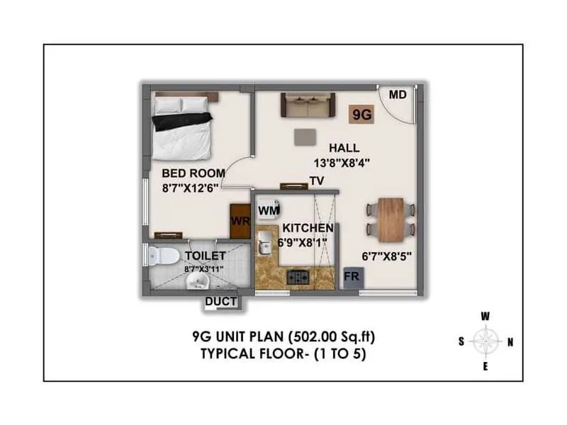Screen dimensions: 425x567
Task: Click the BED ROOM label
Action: coord(193,173)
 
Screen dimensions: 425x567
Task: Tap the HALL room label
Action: coord(344,148)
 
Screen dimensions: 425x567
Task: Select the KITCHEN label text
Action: coord(308,228)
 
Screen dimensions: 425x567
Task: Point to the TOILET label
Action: coord(206,255)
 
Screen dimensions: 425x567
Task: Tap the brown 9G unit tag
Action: coord(363,113)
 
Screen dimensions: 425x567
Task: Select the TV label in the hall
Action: coord(317,181)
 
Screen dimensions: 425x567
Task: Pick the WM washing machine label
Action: coord(268,210)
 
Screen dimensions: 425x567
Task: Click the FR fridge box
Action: coord(352,277)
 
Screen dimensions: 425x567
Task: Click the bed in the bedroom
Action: coord(181,127)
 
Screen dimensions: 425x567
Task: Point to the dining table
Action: coord(391,219)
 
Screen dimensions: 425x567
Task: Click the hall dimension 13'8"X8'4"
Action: coord(343,162)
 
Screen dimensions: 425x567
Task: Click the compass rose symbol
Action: coord(485,341)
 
